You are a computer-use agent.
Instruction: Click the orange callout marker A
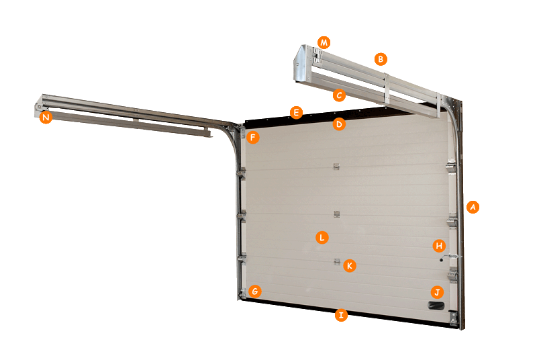click(473, 207)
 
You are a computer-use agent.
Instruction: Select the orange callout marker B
click(381, 59)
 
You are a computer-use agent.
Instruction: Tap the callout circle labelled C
click(339, 95)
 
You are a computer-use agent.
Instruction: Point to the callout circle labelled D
click(339, 124)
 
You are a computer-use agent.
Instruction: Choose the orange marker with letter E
click(296, 112)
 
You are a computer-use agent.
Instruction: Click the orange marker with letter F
click(253, 138)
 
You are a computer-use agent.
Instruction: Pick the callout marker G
click(255, 292)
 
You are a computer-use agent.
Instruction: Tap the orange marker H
click(439, 246)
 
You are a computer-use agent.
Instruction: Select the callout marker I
click(341, 315)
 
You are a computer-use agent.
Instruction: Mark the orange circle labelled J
click(437, 293)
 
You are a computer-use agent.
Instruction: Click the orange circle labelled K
click(349, 266)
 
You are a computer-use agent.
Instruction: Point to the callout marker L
click(322, 237)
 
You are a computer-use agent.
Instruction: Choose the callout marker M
click(324, 43)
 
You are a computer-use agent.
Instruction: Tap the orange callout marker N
click(46, 118)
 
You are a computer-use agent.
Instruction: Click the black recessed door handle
click(436, 306)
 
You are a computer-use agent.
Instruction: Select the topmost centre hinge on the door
click(337, 167)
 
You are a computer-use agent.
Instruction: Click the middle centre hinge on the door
click(337, 214)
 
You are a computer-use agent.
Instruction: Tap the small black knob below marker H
click(442, 261)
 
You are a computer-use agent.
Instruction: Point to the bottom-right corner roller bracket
click(454, 318)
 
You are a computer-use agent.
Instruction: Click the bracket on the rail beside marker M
click(316, 56)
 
